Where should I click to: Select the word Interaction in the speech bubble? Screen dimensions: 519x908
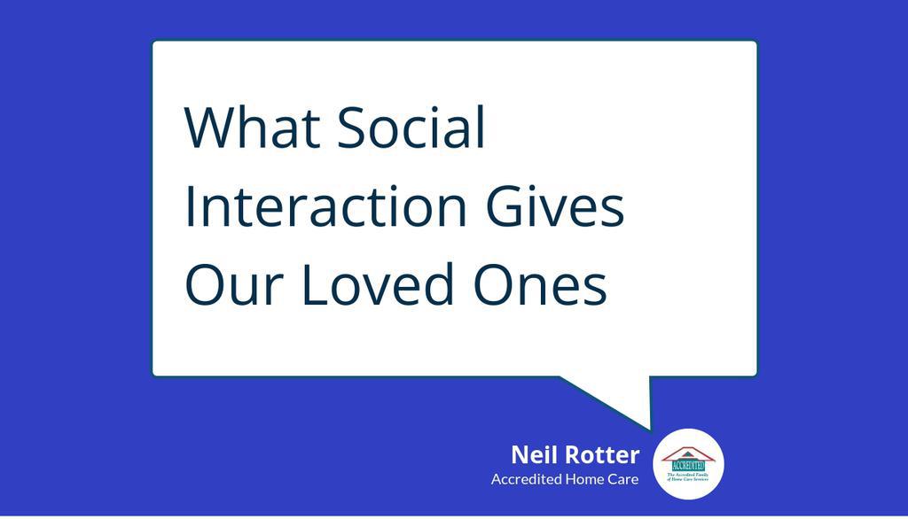[325, 206]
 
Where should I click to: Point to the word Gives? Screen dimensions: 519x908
[554, 206]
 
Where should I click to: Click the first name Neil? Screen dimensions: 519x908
[534, 455]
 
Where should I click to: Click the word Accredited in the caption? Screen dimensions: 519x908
[526, 479]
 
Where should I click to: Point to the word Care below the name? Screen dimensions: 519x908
[625, 479]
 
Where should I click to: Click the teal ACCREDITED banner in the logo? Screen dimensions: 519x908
[688, 465]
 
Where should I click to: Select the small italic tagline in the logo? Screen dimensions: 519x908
[688, 477]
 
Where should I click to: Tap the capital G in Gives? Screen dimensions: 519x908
[502, 206]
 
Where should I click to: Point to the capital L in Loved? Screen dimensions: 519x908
[309, 285]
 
